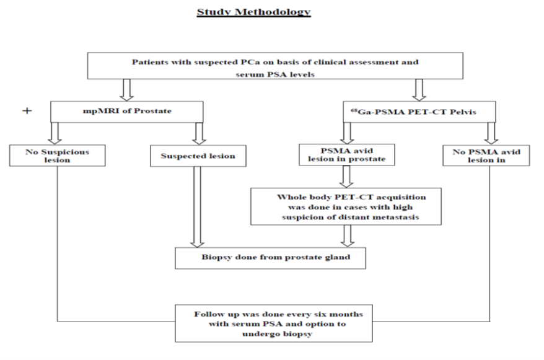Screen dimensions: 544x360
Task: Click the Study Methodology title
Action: pos(253,12)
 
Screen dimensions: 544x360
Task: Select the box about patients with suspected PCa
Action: pos(275,66)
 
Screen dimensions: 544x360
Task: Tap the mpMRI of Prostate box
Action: pos(127,112)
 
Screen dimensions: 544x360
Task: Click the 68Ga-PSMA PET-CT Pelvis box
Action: pos(419,112)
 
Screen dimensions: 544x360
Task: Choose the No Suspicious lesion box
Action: pos(57,156)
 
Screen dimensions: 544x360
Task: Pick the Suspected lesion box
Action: pos(198,156)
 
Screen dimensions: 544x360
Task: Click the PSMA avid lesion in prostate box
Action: pos(347,155)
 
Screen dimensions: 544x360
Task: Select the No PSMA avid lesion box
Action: pos(486,156)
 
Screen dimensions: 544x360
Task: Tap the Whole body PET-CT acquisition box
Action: pos(346,207)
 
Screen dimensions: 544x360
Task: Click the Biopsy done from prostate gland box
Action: pos(270,258)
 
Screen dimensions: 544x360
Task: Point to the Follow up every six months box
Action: pos(274,323)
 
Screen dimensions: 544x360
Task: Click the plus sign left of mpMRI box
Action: pos(27,111)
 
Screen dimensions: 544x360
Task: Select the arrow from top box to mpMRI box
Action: pos(126,90)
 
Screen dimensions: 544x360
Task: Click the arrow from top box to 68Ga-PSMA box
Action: pos(419,90)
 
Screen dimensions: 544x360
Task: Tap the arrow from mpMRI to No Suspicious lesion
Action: pos(55,133)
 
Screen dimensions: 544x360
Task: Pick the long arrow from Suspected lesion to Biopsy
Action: pos(197,207)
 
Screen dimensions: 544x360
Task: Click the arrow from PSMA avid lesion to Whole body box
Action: pos(346,177)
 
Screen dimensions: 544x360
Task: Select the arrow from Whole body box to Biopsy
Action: pos(348,236)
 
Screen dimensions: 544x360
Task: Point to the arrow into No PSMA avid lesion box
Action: pos(491,133)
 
